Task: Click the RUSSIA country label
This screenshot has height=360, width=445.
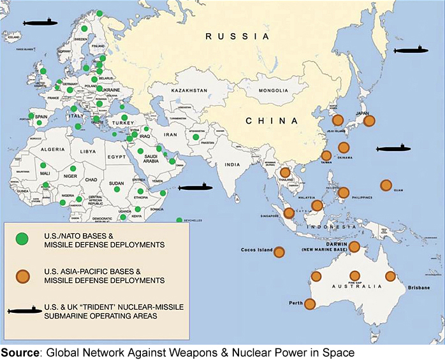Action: coord(237,38)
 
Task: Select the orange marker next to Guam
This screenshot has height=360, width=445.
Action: coord(386,185)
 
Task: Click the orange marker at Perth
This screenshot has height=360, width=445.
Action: coord(310,305)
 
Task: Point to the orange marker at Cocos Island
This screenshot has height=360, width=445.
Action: coord(279,253)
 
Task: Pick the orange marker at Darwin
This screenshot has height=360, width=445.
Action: coord(354,247)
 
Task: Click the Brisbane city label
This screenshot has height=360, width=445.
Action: coord(419,289)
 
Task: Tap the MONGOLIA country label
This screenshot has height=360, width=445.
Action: coord(275,91)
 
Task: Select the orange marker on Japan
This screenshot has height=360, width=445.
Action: coord(368,120)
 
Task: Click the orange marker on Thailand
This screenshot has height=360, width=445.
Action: coord(286,171)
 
